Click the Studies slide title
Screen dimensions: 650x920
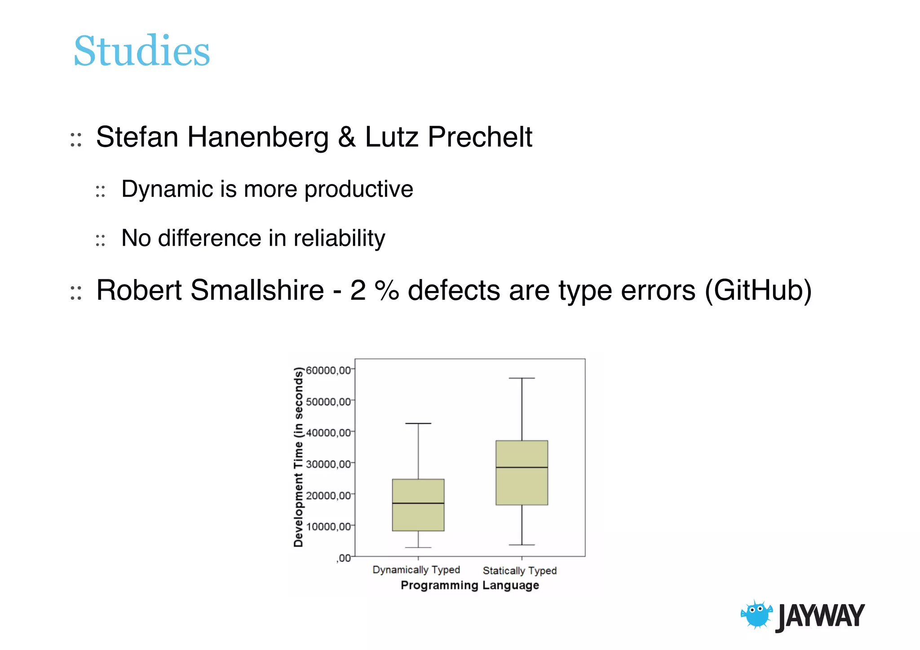point(142,51)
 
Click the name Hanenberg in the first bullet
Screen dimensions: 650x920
point(258,137)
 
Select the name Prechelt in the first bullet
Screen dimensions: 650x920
point(480,137)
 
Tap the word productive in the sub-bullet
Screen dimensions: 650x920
point(358,189)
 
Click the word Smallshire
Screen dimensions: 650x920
point(257,290)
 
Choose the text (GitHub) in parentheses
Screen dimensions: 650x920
point(758,290)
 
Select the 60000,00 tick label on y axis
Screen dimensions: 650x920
point(327,370)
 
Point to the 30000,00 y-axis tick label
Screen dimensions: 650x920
point(327,464)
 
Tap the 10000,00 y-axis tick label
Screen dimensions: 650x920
point(327,526)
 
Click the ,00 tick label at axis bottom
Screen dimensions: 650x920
point(344,558)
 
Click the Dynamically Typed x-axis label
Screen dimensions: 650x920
point(416,570)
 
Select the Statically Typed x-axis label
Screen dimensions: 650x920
point(519,570)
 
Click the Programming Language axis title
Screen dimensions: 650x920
point(469,585)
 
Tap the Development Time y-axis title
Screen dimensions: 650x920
point(298,457)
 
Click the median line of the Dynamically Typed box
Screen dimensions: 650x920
point(418,503)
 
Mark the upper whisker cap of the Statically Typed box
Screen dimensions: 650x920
point(522,378)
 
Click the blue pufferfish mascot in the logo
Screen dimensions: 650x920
point(756,614)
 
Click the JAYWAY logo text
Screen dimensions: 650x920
point(820,616)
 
